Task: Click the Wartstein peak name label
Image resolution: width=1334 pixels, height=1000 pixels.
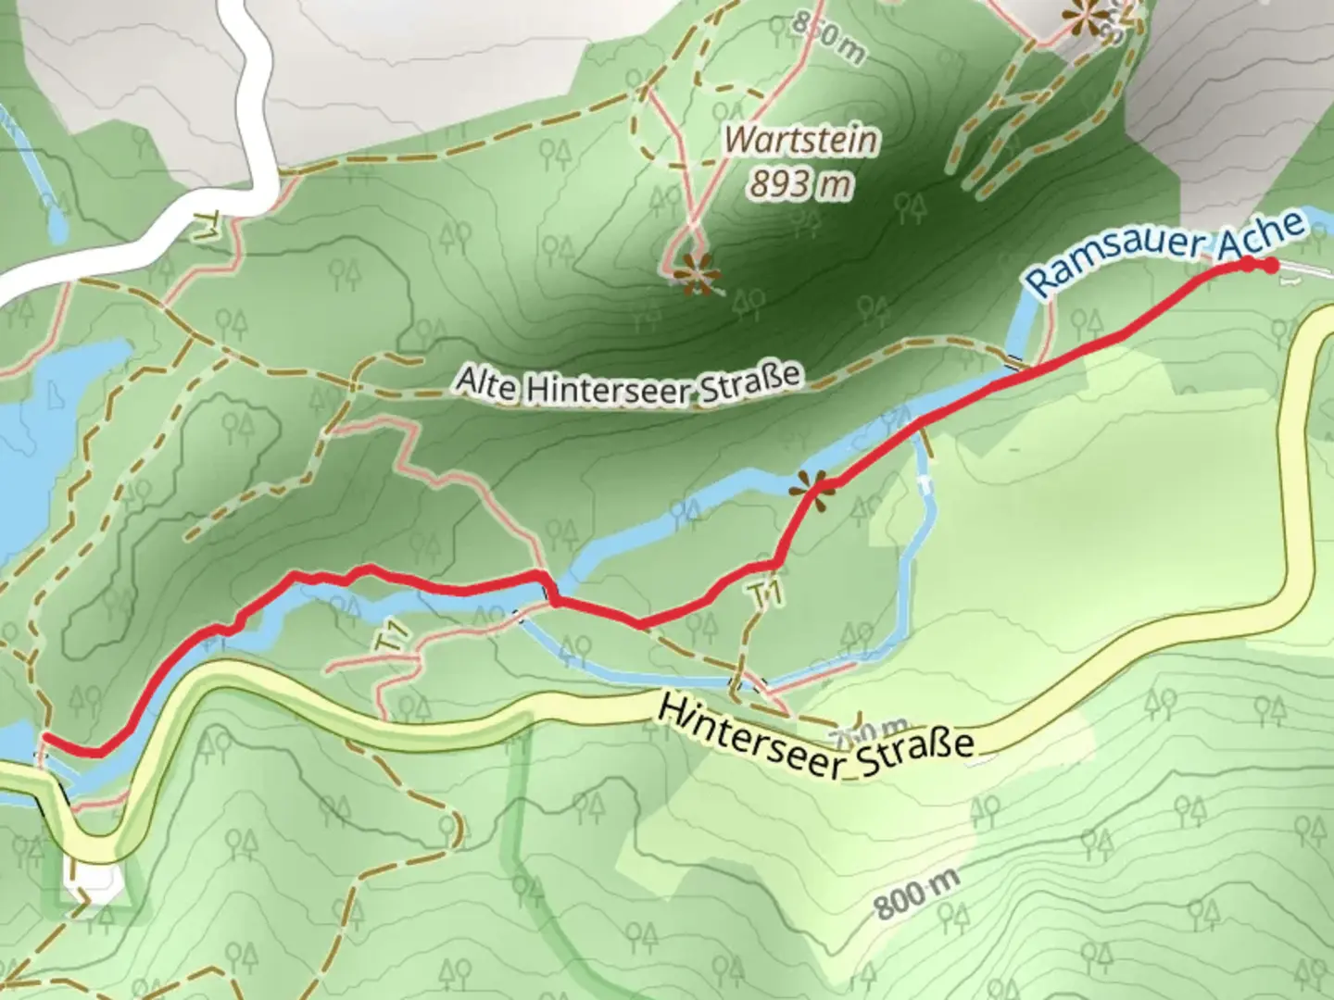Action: point(801,140)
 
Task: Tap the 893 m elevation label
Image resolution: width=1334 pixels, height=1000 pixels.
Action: point(800,185)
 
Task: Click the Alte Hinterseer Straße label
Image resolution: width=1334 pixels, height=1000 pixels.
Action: point(628,384)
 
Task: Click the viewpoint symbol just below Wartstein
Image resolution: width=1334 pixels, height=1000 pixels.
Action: point(695,275)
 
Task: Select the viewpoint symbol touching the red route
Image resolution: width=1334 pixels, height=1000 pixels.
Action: point(810,487)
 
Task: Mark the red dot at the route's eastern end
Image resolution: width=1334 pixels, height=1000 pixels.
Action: point(1271,267)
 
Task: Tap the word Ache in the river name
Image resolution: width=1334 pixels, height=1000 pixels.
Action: point(1265,232)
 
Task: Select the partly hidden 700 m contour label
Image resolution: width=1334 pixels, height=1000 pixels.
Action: point(871,729)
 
